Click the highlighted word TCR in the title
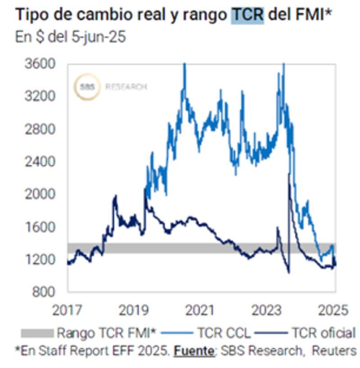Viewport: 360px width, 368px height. coord(247,15)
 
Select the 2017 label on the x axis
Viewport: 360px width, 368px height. coord(67,310)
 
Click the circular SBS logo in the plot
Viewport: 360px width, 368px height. coord(87,86)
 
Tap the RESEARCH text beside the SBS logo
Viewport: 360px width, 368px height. coord(126,87)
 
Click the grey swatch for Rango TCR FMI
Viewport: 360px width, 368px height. coord(37,333)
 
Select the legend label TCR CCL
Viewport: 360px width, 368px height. coord(221,333)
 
